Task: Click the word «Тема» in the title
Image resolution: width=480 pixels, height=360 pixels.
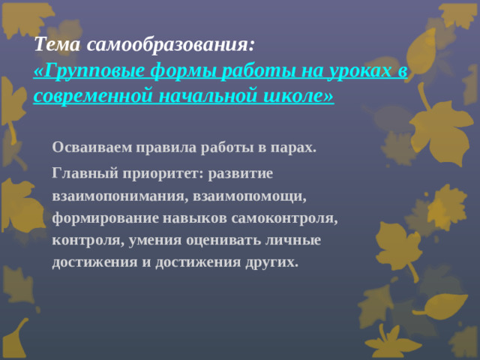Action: click(58, 44)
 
